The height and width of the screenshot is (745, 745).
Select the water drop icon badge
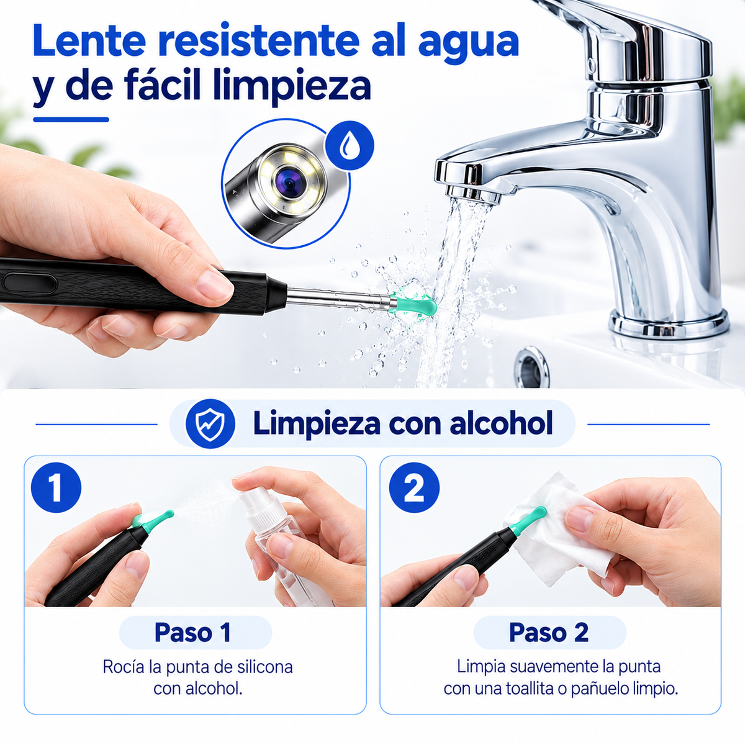349,145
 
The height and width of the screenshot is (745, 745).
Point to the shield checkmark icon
210,424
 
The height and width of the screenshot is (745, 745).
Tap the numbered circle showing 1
56,488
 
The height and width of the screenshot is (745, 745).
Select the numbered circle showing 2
414,488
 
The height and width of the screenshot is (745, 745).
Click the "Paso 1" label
192,633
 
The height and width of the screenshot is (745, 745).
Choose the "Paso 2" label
549,633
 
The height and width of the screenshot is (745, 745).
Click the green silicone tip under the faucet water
415,303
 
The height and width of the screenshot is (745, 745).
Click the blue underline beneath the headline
71,119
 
